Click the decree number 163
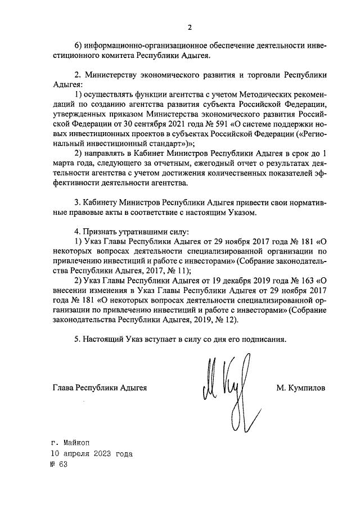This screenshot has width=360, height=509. tap(306, 280)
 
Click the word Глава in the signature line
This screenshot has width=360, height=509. tap(63, 388)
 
